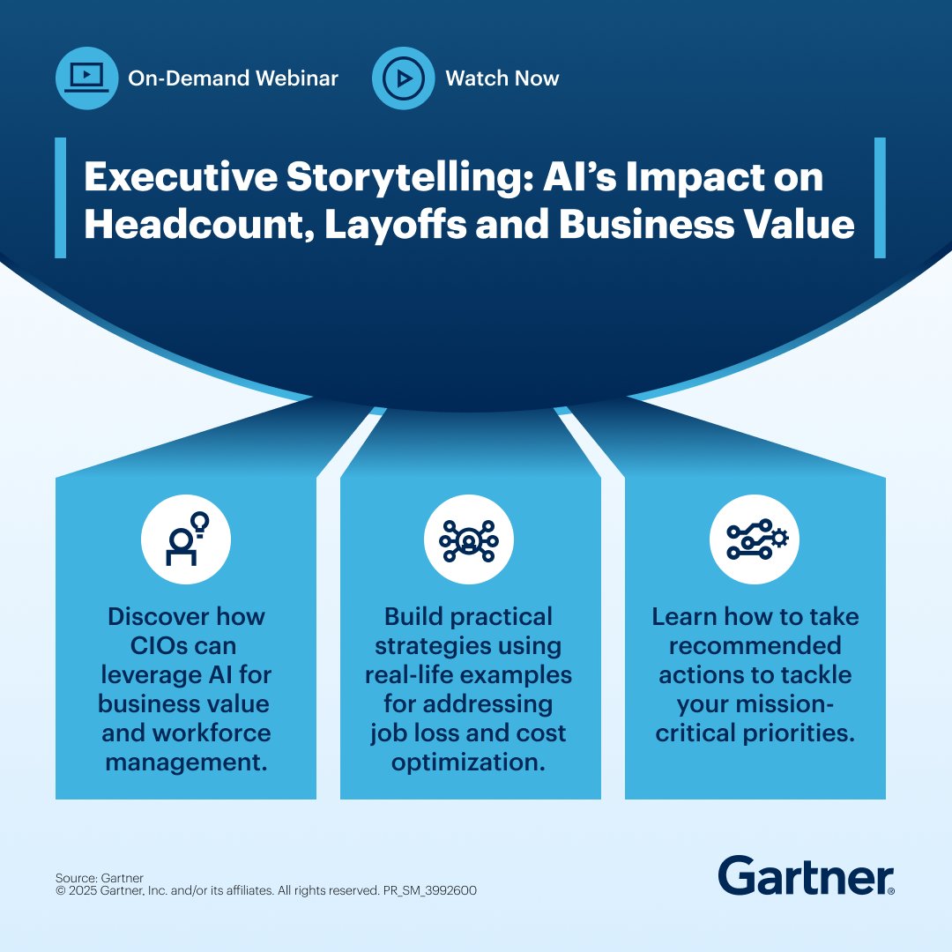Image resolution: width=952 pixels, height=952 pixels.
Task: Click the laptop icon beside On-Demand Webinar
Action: pyautogui.click(x=86, y=78)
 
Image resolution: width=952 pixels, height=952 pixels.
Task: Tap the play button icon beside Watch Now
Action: pyautogui.click(x=403, y=78)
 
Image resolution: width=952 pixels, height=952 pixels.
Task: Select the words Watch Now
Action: pyautogui.click(x=502, y=78)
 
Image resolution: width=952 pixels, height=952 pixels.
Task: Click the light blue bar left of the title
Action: pyautogui.click(x=60, y=197)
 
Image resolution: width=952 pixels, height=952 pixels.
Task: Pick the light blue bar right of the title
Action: pyautogui.click(x=880, y=197)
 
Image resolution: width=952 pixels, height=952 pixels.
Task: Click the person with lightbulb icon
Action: pyautogui.click(x=186, y=539)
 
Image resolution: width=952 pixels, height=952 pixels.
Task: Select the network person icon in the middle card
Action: pyautogui.click(x=468, y=539)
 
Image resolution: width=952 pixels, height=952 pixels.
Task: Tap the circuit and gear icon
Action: pyautogui.click(x=755, y=539)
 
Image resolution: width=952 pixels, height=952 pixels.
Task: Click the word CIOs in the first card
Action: pyautogui.click(x=148, y=646)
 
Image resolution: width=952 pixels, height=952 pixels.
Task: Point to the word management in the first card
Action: pyautogui.click(x=186, y=761)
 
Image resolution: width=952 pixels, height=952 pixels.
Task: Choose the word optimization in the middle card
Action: pyautogui.click(x=468, y=761)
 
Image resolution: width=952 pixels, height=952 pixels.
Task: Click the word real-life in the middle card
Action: pyautogui.click(x=414, y=675)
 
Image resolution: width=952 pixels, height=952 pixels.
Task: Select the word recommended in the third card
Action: pyautogui.click(x=755, y=646)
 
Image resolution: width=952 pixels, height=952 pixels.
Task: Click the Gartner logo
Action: pyautogui.click(x=806, y=875)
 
